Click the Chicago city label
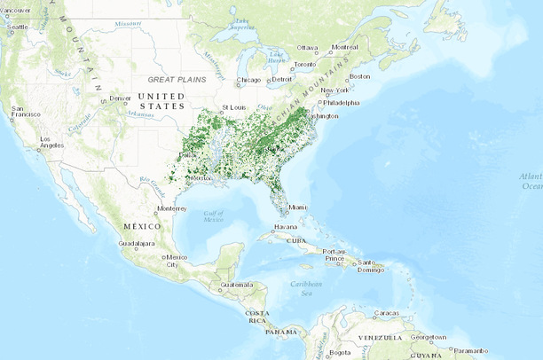point(248,82)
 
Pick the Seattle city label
point(17,27)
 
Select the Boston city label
point(359,76)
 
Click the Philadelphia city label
point(342,102)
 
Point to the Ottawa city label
point(307,47)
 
